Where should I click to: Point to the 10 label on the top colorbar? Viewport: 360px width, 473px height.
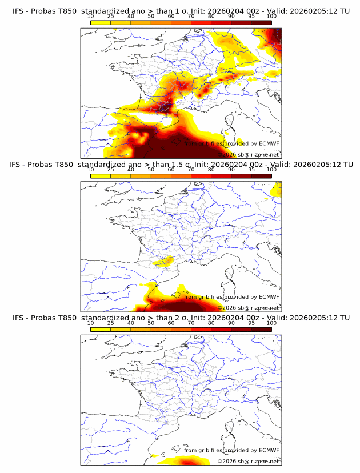[x=91, y=16]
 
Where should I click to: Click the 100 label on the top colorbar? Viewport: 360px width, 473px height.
[x=271, y=16]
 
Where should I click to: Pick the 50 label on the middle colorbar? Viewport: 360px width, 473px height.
[x=151, y=170]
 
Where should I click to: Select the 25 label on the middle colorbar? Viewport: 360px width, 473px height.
[x=111, y=170]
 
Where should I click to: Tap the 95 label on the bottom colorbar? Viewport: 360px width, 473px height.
[x=251, y=323]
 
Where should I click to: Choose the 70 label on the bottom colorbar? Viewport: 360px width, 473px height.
[x=191, y=323]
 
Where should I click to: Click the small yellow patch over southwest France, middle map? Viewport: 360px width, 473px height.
[x=164, y=262]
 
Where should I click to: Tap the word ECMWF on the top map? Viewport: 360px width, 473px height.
[x=269, y=144]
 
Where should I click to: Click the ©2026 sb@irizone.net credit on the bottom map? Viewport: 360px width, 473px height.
[x=248, y=461]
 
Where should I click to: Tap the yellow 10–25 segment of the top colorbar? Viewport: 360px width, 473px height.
[x=101, y=22]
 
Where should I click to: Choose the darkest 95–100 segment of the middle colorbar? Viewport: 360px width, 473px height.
[x=262, y=175]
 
